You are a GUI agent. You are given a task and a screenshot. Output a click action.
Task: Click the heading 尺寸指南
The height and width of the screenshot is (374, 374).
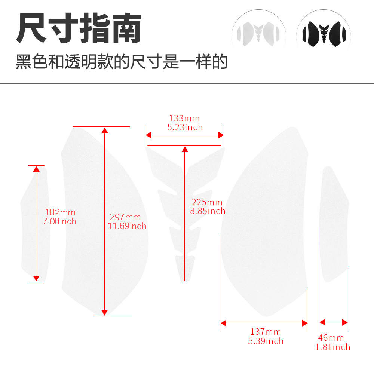[79, 28]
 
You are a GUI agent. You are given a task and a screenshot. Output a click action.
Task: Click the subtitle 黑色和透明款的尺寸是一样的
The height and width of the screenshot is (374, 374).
[122, 62]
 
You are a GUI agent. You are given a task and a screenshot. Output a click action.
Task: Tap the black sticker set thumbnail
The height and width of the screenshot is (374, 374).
[324, 34]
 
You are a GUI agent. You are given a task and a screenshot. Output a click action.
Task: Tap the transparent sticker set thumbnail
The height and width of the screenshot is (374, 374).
[258, 34]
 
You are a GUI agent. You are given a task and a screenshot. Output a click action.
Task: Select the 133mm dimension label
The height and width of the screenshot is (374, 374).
[184, 118]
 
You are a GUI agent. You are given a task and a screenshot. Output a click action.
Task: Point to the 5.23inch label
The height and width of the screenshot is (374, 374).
[185, 127]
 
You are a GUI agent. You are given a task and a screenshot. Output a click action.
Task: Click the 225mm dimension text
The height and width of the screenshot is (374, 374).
[207, 202]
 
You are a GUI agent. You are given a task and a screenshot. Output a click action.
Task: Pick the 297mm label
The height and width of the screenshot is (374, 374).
[125, 217]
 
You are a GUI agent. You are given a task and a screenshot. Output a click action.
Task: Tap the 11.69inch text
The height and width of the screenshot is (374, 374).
[127, 226]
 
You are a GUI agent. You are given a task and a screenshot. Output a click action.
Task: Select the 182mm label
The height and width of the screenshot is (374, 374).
[60, 212]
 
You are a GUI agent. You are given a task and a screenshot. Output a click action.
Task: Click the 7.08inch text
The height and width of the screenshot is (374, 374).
[59, 221]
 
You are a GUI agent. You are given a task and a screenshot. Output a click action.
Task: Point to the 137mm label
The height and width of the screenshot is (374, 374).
[266, 332]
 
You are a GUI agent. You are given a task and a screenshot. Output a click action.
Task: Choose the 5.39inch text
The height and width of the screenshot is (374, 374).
[266, 341]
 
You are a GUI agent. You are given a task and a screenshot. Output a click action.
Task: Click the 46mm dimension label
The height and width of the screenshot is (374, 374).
[331, 338]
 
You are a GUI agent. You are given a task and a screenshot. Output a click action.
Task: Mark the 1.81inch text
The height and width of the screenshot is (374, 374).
[333, 347]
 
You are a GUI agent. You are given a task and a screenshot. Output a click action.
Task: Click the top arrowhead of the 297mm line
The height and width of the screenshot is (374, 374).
[105, 130]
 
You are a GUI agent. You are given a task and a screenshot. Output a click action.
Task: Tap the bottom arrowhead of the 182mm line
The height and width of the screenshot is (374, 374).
[36, 278]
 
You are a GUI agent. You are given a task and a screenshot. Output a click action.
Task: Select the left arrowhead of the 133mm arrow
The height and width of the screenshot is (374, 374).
[148, 135]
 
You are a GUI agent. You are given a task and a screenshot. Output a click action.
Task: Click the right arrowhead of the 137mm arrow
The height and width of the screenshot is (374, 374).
[305, 323]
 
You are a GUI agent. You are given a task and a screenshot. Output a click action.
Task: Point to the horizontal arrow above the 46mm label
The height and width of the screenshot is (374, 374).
[334, 322]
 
